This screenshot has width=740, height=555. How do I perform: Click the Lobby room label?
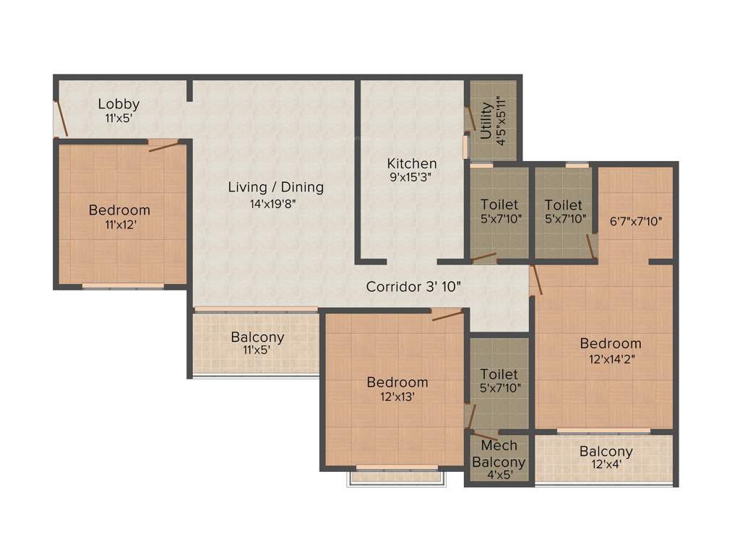(x=119, y=104)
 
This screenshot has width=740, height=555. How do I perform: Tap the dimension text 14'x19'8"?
(x=273, y=204)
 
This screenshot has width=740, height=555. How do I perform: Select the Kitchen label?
(x=412, y=163)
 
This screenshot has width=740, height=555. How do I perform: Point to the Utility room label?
(x=486, y=121)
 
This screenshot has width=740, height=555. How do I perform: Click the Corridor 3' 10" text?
(x=413, y=286)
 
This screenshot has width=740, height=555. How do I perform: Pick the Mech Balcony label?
(x=499, y=455)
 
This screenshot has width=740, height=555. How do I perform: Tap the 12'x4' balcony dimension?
(x=606, y=467)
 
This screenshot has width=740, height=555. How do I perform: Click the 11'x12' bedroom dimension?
(x=119, y=225)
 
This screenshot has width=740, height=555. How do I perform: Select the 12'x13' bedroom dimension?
(x=397, y=397)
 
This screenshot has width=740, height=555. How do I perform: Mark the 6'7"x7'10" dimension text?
(x=636, y=221)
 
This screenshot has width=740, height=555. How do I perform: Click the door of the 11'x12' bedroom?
(x=165, y=145)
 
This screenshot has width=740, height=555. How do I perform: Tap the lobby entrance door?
(x=61, y=119)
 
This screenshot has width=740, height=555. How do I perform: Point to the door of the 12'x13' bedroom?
(x=447, y=314)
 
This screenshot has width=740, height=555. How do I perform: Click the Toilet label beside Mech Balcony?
(x=499, y=374)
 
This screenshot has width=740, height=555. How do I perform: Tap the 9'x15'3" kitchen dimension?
(x=412, y=178)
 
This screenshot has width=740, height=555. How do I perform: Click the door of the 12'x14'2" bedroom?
(x=537, y=280)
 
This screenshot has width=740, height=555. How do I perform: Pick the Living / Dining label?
(x=275, y=188)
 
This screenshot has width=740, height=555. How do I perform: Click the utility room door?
(x=470, y=118)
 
